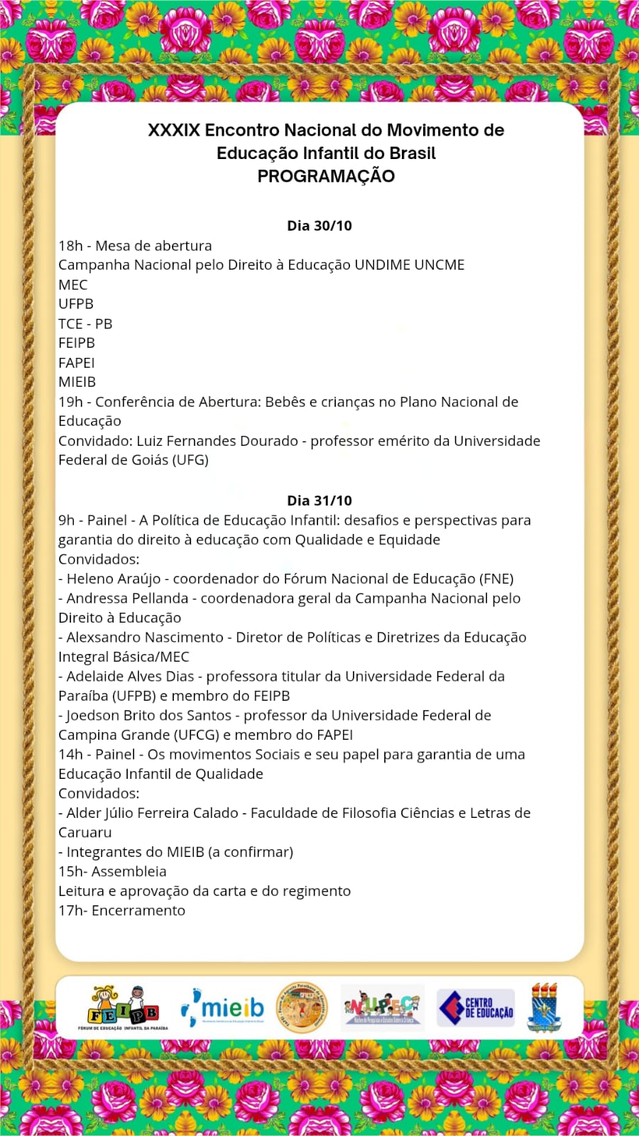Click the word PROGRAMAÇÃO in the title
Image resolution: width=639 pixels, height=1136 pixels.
pos(326,176)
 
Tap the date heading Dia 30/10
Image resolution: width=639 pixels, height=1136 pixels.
pos(319,226)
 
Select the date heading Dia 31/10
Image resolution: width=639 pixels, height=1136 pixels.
pos(319,501)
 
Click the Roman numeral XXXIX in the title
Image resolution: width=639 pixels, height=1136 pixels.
pos(174,131)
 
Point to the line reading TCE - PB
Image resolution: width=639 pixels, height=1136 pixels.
pos(85,324)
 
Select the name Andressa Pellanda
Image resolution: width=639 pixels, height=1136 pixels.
pos(128,599)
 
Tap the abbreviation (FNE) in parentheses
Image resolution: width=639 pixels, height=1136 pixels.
pos(496,579)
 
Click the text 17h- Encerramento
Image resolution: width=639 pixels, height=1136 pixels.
pos(121,910)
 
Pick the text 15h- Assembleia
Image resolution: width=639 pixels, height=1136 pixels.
pos(112,871)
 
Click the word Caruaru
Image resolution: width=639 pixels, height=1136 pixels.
pos(85,832)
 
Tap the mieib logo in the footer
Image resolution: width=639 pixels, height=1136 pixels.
pos(223,1007)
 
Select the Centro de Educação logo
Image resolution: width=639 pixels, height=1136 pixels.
pos(476,1007)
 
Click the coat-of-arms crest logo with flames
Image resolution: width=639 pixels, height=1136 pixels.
pos(545,1007)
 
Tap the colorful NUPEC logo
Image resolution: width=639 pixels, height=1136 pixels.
pos(382,1007)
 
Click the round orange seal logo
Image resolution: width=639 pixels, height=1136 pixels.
pos(302,1007)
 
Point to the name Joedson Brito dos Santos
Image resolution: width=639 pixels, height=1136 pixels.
pos(149,716)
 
